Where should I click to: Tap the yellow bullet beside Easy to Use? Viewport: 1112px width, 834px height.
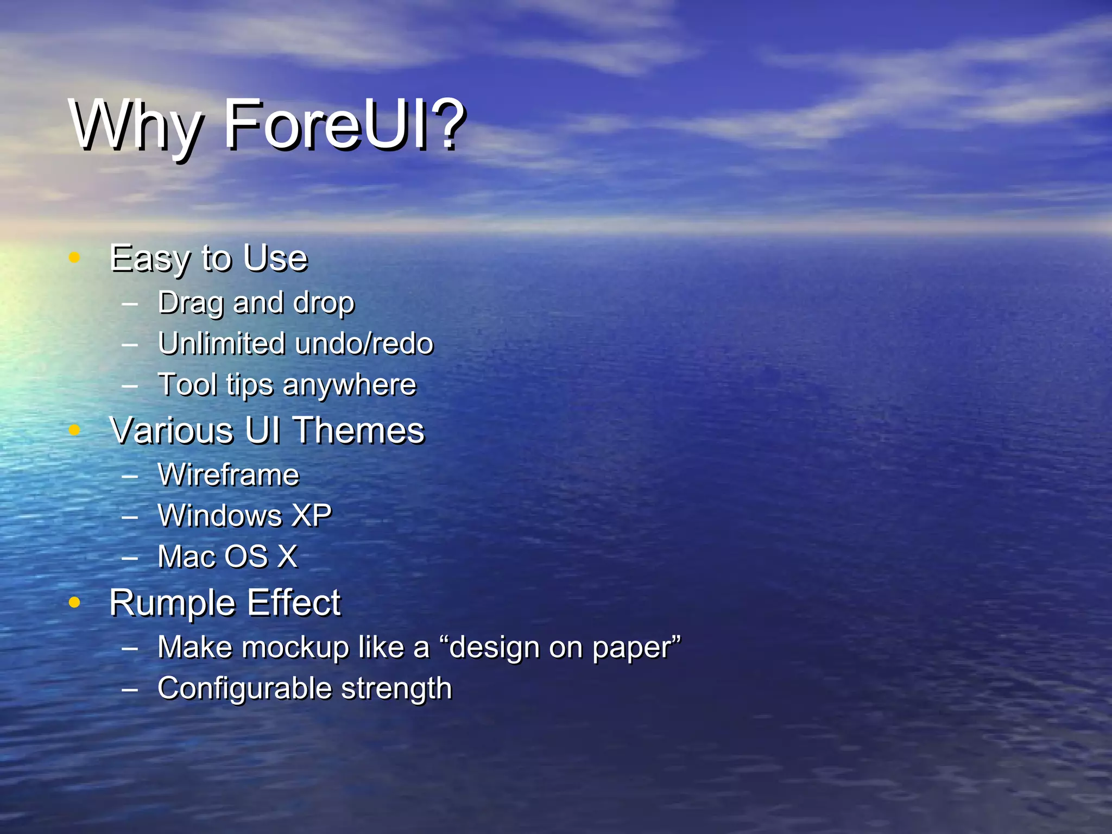coord(75,257)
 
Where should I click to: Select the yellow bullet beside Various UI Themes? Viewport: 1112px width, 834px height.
coord(75,430)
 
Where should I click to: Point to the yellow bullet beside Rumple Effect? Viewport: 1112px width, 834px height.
coord(75,602)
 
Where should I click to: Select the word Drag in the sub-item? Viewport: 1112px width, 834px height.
coord(190,303)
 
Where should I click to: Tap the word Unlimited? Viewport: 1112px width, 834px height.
coord(222,344)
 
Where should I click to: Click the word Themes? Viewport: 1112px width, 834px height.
coord(359,431)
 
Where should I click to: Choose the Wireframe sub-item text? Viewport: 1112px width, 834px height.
coord(228,475)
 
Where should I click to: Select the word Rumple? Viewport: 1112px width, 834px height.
coord(171,603)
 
